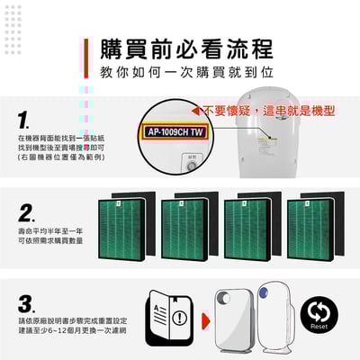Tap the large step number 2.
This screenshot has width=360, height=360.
coord(27,213)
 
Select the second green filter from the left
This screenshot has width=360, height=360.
coord(188,224)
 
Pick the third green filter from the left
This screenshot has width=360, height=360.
coord(251,224)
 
